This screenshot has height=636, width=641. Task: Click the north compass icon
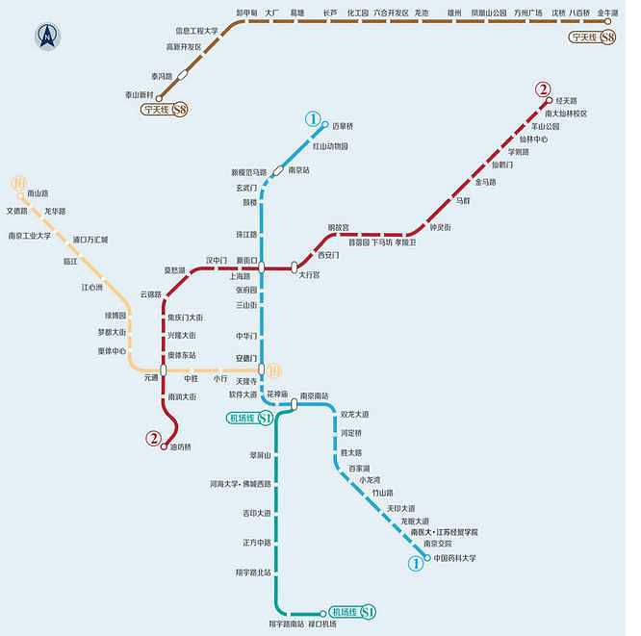(x=46, y=38)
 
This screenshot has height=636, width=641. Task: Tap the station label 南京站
(x=300, y=169)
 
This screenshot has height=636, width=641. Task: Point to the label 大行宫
(x=310, y=275)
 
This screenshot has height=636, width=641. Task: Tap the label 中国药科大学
(x=454, y=558)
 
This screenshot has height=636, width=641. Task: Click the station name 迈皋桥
(x=344, y=125)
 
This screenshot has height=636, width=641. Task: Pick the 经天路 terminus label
(x=567, y=100)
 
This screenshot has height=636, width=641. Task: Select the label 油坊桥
(x=182, y=446)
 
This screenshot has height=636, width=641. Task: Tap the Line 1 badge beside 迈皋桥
(x=312, y=119)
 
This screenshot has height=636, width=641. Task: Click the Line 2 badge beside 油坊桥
(x=153, y=438)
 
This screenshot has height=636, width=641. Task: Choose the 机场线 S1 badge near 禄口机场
(x=351, y=612)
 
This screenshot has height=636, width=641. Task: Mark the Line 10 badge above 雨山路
(x=18, y=182)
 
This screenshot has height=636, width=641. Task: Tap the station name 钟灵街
(x=441, y=226)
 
